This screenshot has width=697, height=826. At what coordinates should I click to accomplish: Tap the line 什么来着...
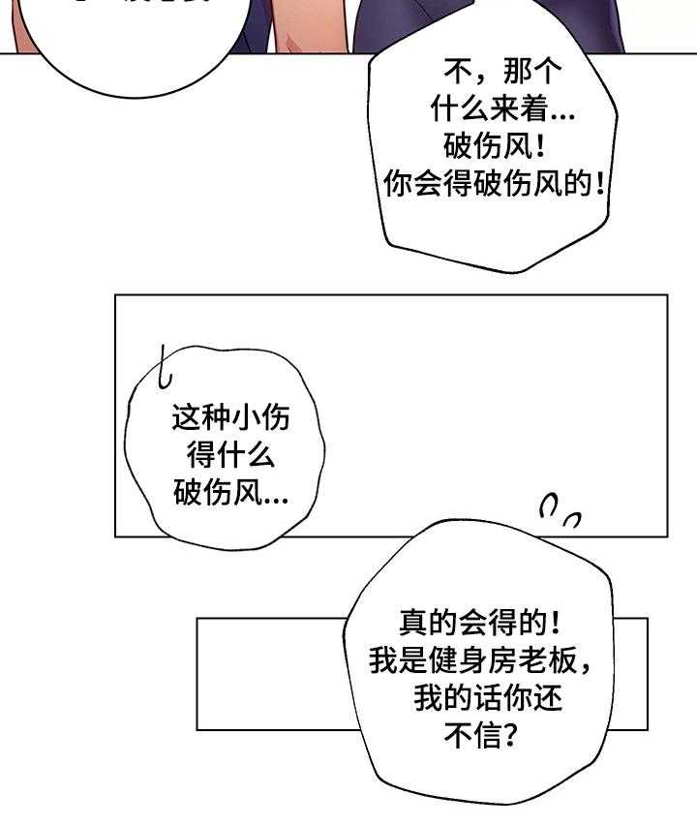click(489, 109)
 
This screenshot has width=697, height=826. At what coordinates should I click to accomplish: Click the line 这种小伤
click(230, 418)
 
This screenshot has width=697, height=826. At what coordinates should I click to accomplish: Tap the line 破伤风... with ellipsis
click(230, 494)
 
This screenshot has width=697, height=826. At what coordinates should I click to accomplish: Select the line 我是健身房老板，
click(480, 660)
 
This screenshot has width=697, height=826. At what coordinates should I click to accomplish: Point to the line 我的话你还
click(488, 698)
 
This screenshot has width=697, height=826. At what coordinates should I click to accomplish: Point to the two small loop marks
click(560, 512)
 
